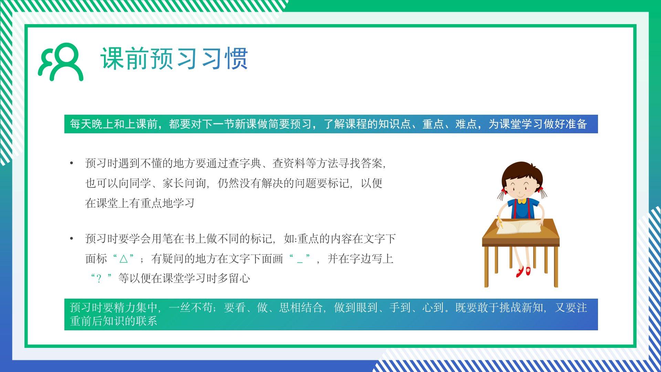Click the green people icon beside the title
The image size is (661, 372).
[x=60, y=62]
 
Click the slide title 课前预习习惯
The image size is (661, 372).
[x=174, y=59]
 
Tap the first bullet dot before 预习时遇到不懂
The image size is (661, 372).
[x=72, y=163]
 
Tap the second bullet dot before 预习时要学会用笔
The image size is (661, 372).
[x=72, y=239]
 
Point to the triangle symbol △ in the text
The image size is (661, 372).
[x=123, y=259]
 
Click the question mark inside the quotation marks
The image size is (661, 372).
[x=99, y=279]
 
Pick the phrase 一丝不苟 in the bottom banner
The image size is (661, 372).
[x=191, y=307]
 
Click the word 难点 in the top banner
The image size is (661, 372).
[x=466, y=124]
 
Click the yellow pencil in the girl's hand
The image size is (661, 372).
[x=500, y=222]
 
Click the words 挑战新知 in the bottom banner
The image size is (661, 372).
[x=521, y=307]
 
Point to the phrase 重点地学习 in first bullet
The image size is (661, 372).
[x=168, y=203]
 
